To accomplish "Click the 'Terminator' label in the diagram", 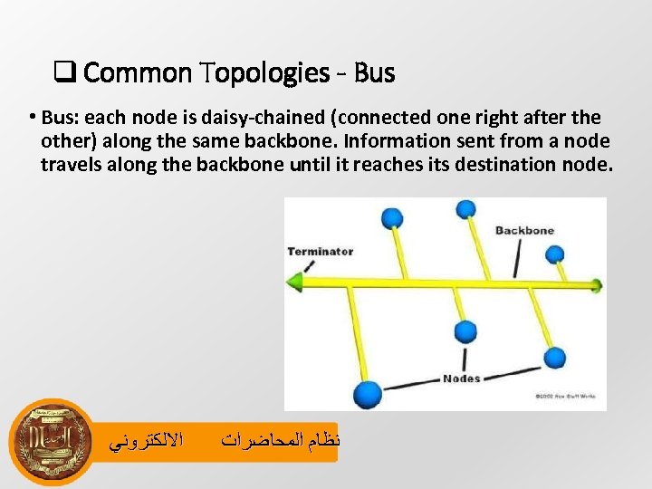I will (x=320, y=251).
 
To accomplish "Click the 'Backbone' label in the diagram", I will (x=524, y=230).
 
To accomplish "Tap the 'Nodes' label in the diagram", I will (x=461, y=379).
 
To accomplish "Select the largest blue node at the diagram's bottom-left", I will (x=367, y=394).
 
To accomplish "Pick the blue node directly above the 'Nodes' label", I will (x=465, y=331).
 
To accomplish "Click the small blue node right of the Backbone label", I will (x=555, y=254).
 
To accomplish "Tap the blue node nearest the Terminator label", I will (x=391, y=218).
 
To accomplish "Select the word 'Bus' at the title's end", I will (x=374, y=72).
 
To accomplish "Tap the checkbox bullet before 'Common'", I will (x=64, y=72).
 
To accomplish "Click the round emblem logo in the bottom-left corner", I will (x=52, y=442).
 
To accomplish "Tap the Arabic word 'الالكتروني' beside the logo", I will (x=146, y=442).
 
